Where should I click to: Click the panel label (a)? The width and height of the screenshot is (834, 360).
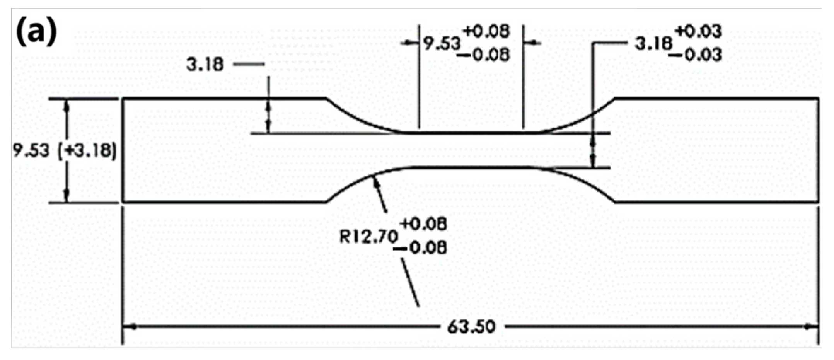pos(36,32)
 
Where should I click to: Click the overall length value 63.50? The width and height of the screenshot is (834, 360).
pos(471,328)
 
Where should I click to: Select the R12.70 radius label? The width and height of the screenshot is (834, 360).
pos(368,236)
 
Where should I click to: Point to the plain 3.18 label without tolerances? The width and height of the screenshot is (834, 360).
pos(205,65)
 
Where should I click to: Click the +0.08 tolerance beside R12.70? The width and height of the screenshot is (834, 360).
pos(424,224)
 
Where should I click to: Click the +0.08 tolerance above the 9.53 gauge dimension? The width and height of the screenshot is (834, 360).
pos(487,31)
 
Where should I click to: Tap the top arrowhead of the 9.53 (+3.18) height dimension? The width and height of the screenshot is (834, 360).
pos(67,106)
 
